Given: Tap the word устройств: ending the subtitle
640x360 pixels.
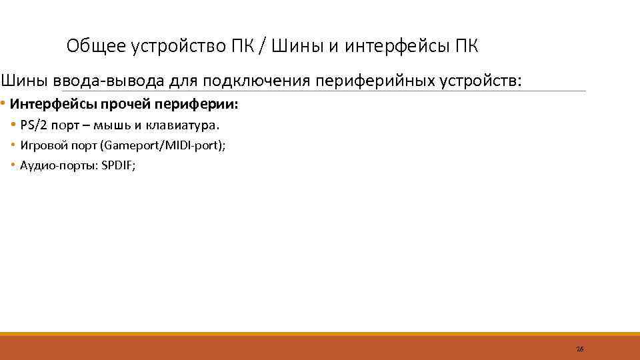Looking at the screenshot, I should [481, 81].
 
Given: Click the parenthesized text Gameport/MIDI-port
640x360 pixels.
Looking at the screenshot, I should [160, 145].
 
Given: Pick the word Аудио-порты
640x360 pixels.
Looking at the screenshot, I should [58, 165].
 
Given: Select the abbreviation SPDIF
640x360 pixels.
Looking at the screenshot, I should [117, 165].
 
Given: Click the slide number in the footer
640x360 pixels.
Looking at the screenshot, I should [579, 349].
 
